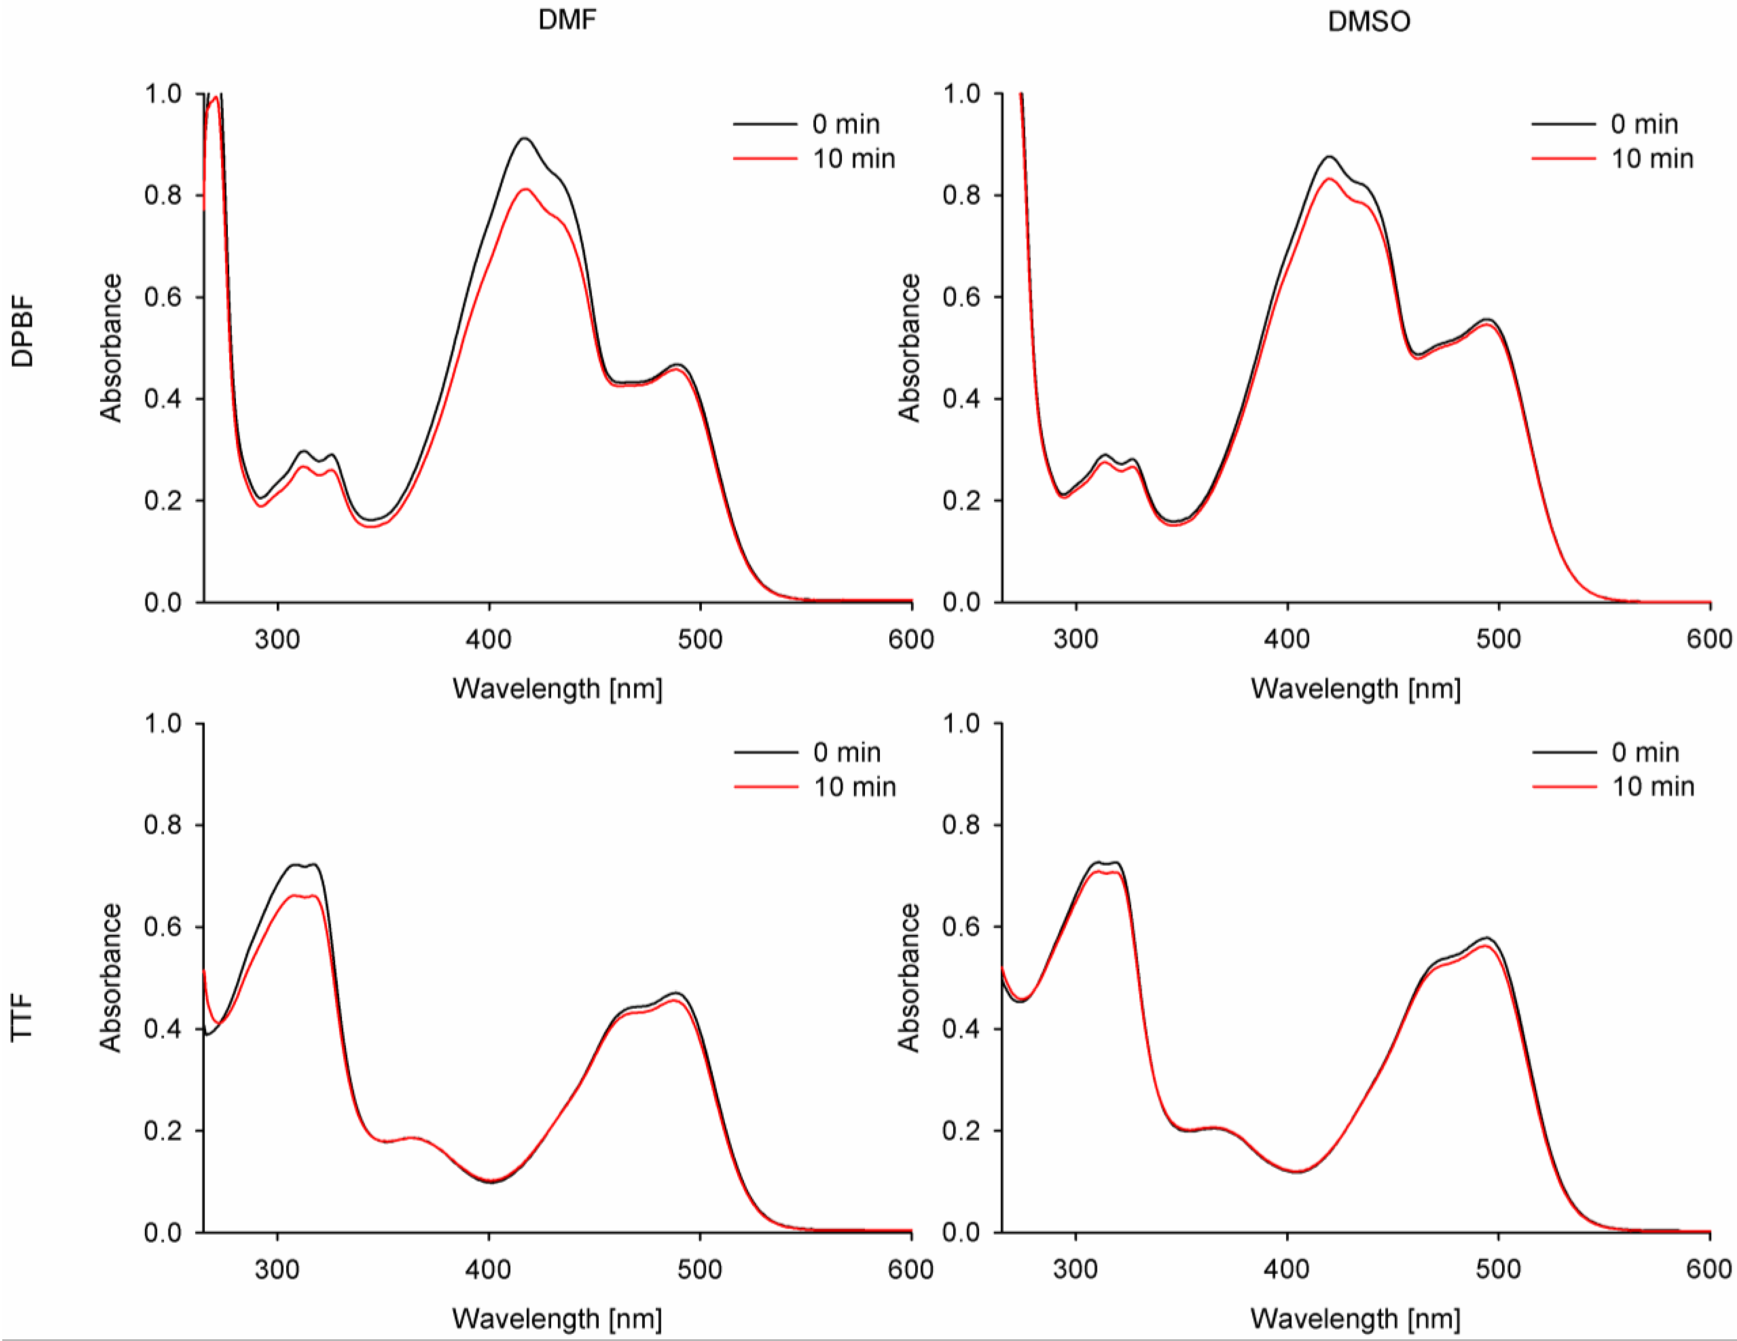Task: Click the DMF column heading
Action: (566, 20)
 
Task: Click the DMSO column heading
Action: (1369, 21)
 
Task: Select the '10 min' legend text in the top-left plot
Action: (854, 159)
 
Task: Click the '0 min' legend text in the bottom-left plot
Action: (846, 752)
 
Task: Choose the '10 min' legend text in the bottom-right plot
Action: (1653, 787)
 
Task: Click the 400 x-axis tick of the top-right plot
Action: (1287, 639)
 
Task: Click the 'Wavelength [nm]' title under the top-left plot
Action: (557, 688)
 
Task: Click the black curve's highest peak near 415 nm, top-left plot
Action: (524, 139)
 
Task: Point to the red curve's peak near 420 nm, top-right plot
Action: (1329, 178)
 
